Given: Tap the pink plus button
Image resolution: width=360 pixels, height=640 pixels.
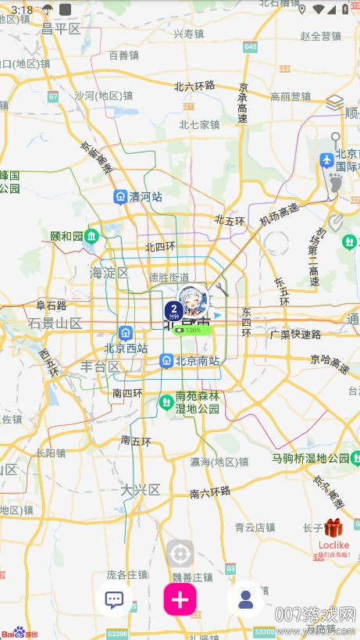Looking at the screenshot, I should (x=180, y=599).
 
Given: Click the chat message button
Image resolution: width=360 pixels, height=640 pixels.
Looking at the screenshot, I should (x=114, y=599).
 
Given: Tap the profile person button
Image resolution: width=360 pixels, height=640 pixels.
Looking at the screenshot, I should (x=245, y=599).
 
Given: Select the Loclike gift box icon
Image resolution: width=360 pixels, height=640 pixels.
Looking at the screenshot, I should (x=333, y=529).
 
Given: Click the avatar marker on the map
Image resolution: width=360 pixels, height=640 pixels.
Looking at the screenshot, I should (x=191, y=300).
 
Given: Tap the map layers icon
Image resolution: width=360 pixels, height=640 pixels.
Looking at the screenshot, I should (x=335, y=102).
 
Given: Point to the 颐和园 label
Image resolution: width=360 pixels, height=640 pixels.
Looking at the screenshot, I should (x=66, y=235).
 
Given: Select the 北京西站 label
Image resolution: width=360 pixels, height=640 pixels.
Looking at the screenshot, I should (x=126, y=349).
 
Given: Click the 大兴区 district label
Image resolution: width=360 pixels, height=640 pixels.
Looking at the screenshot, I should (x=140, y=490).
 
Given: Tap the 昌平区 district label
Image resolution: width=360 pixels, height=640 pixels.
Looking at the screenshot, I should (x=61, y=29).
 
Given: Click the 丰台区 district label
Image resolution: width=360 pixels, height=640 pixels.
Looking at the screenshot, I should (x=100, y=366).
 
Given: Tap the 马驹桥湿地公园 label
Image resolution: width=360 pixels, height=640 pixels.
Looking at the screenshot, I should (x=310, y=458).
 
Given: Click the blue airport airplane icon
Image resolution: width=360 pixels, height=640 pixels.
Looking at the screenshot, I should (x=327, y=160).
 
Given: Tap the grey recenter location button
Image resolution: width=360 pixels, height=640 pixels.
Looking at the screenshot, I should (x=180, y=554).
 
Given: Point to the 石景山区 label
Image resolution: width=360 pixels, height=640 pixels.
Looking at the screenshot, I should (x=55, y=323).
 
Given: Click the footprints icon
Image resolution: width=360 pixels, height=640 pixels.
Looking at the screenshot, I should (x=335, y=184).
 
